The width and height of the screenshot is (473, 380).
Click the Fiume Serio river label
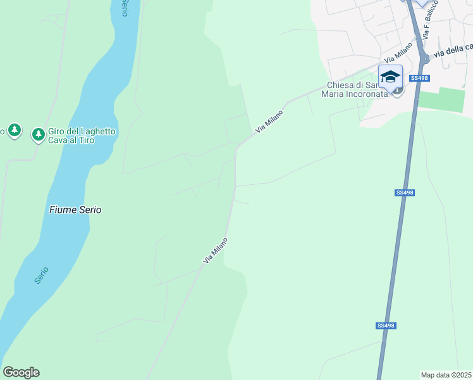coord(75,210)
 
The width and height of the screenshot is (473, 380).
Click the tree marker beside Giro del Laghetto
coord(39,134)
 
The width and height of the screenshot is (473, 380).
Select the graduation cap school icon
coord(390,77)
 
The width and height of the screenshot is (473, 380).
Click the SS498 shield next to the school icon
coord(419,78)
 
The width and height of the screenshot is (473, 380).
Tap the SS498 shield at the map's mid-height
coord(405,193)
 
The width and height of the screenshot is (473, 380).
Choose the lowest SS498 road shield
coord(386,326)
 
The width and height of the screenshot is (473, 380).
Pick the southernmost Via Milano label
coord(215,251)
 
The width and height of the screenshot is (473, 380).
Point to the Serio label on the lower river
coord(42,274)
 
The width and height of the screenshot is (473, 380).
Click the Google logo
coord(21,372)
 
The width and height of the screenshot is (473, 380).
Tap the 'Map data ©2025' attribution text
coord(446,375)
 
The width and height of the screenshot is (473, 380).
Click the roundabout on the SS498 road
coord(426,58)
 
